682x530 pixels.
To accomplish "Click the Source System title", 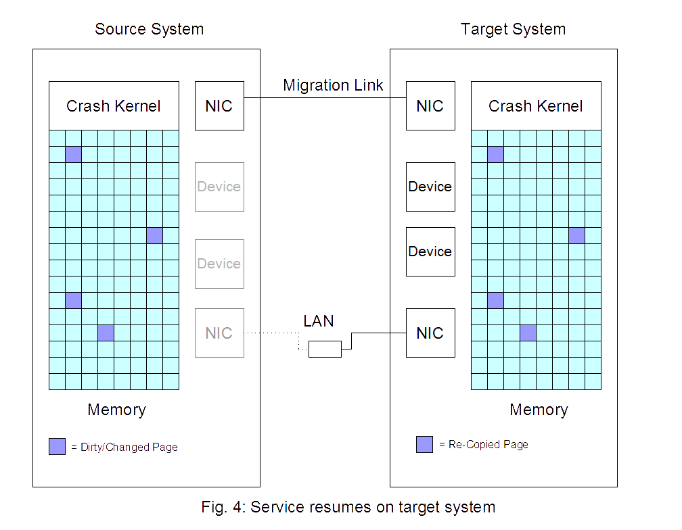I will point(149,30).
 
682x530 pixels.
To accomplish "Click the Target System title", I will point(513,30).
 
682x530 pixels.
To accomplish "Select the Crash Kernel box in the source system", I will point(114,106).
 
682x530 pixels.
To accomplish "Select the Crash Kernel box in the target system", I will point(536,106).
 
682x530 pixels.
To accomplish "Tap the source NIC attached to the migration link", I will point(219,106).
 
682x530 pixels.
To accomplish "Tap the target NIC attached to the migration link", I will point(430,106).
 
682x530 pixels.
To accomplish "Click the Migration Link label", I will point(333,86).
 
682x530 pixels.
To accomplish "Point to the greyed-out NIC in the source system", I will point(219,333).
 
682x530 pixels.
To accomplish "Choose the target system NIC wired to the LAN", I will point(430,333).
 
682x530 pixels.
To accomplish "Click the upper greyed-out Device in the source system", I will point(219,187).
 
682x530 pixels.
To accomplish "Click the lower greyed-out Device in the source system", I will point(219,264).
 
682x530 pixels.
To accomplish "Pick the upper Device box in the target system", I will point(430,187).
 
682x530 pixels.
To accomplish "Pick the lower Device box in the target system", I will point(430,252).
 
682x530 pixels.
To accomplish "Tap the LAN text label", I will point(318,321).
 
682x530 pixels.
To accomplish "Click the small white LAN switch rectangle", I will point(325,349).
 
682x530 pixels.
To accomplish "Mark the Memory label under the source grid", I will point(116,410).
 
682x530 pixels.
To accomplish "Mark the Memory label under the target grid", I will point(539,410).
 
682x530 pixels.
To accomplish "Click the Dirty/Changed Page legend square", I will point(57,447).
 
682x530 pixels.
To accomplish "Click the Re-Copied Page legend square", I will point(424,444).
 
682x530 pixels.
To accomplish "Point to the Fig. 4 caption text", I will point(348,508).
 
